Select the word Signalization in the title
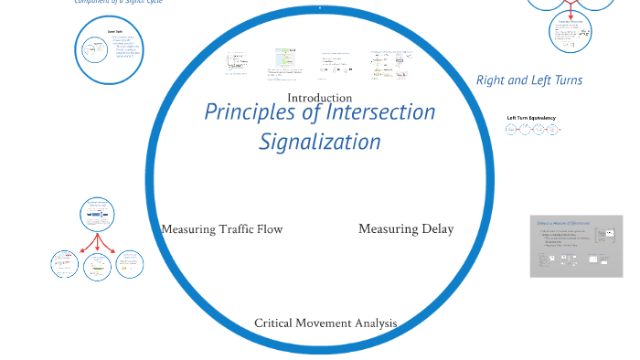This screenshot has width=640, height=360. point(319,143)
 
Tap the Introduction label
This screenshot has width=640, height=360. point(319,98)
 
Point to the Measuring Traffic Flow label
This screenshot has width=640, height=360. point(222,229)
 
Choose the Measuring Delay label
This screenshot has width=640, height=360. point(406,228)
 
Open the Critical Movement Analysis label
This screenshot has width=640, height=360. point(325,323)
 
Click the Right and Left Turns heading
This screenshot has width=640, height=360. point(528,80)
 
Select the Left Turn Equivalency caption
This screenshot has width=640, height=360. point(531,118)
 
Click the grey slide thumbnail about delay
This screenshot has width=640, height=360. point(576,246)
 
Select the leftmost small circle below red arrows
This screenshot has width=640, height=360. point(64,265)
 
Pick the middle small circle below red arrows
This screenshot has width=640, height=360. point(97,266)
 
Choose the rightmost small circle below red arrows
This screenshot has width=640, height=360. point(128,265)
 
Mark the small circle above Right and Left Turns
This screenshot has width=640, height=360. point(572,34)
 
